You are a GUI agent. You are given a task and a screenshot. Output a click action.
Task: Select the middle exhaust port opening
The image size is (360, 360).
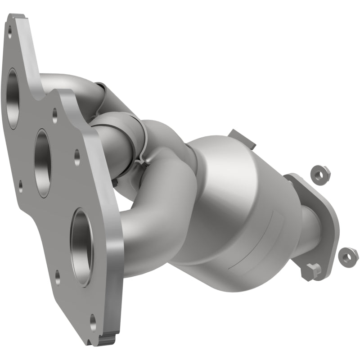(43, 162)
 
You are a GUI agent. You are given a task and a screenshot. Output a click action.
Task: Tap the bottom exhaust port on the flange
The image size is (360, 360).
(82, 247)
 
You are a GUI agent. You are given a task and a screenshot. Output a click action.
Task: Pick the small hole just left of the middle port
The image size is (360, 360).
(20, 184)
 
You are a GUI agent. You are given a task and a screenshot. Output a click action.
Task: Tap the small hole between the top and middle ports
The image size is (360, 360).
(55, 115)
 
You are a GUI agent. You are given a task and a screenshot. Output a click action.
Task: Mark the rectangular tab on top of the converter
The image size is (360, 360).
(242, 138)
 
